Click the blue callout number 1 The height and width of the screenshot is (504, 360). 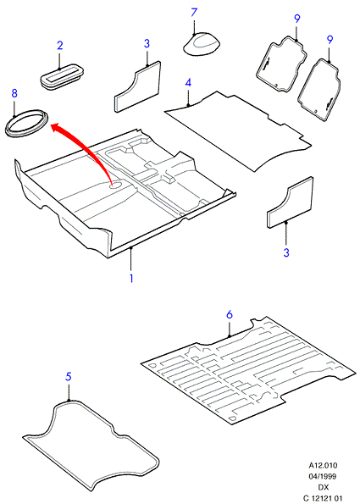pos(131,278)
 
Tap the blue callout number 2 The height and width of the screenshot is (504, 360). pos(60,46)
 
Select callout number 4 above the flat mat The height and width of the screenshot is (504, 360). pos(188,83)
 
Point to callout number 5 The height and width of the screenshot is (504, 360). pos(68,376)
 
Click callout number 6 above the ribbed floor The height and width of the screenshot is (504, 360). pos(230,314)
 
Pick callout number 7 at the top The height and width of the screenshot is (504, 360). pos(194,13)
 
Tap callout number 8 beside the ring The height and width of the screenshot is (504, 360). pos(14,93)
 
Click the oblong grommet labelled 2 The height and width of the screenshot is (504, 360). pos(63,77)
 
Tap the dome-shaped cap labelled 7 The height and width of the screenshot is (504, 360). pos(202,44)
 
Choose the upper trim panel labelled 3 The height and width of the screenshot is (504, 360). pos(137,86)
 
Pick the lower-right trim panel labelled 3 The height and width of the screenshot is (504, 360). pos(290,202)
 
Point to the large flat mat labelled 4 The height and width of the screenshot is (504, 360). pos(238,130)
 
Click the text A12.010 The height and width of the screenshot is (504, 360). pos(323,465)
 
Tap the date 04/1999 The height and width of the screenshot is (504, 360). pos(323,476)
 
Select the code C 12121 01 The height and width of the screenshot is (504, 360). pos(323,499)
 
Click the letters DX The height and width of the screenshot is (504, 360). pos(324,487)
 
